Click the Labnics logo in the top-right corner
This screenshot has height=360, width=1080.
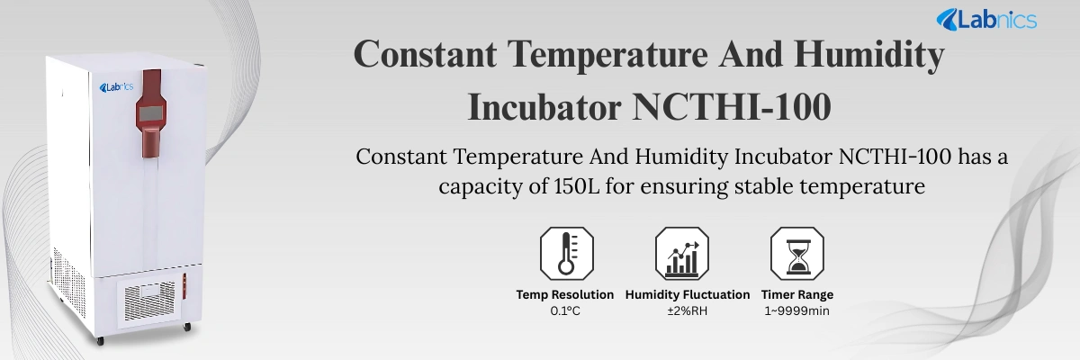pyautogui.click(x=986, y=20)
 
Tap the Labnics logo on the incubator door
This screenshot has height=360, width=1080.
pyautogui.click(x=116, y=87)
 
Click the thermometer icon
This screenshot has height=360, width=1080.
pyautogui.click(x=565, y=254)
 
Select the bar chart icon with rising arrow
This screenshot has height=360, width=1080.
pyautogui.click(x=681, y=254)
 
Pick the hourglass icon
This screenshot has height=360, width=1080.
pyautogui.click(x=796, y=254)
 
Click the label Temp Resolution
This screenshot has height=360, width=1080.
pyautogui.click(x=565, y=294)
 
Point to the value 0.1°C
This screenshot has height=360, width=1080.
pyautogui.click(x=565, y=311)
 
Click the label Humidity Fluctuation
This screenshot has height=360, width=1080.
pyautogui.click(x=688, y=294)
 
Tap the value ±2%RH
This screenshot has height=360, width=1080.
pyautogui.click(x=688, y=311)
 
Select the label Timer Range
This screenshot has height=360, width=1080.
pyautogui.click(x=797, y=294)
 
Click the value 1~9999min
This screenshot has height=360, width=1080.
pyautogui.click(x=797, y=311)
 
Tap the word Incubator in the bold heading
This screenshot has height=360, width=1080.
pyautogui.click(x=544, y=108)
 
